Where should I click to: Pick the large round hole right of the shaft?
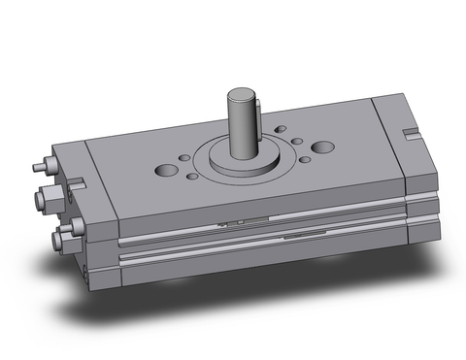click(322, 147)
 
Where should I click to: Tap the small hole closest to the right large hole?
click(302, 145)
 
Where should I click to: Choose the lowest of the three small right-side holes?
click(305, 159)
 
